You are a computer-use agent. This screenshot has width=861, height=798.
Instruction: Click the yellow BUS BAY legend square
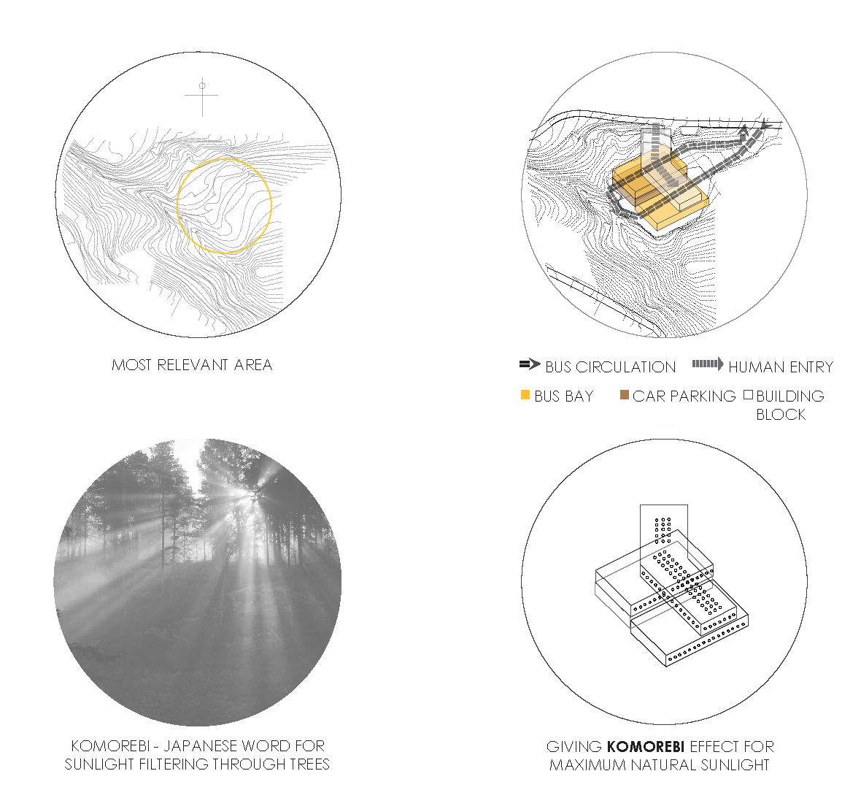(525, 394)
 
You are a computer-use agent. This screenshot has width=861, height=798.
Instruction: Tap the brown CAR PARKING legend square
(625, 394)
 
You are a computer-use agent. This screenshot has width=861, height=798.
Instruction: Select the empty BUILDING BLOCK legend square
(748, 394)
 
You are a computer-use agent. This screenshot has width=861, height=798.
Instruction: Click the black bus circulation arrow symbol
(530, 364)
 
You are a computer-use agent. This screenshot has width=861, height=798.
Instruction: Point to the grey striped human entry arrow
(708, 364)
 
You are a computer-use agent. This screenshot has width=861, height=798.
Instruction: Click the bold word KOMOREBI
(646, 747)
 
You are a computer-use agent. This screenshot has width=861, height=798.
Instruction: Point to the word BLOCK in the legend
(781, 415)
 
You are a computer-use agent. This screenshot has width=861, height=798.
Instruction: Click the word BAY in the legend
(582, 396)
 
